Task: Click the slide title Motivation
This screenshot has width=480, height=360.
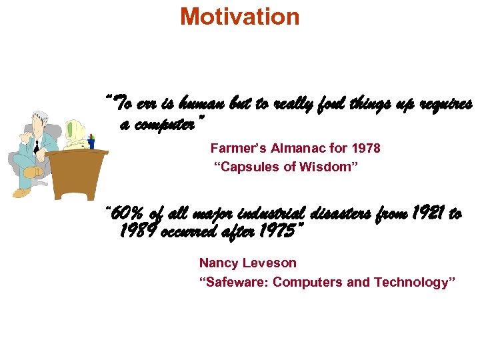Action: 240,17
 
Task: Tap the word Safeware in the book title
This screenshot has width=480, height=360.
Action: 233,282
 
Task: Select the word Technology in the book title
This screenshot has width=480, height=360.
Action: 413,282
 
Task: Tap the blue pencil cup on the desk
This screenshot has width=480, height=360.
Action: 91,143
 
